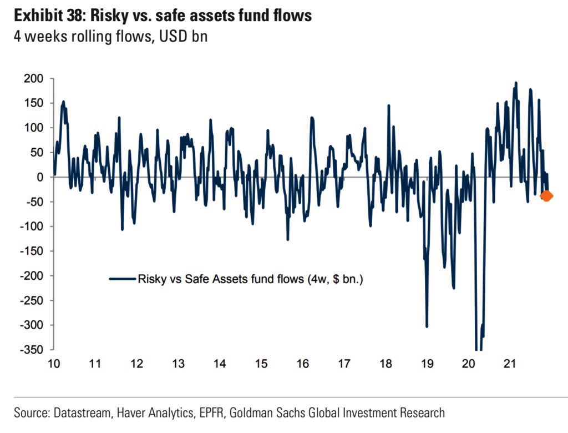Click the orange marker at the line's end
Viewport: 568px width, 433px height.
pyautogui.click(x=546, y=195)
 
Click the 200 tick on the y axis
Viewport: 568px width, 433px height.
pyautogui.click(x=33, y=79)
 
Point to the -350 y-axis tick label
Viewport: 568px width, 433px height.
pyautogui.click(x=31, y=350)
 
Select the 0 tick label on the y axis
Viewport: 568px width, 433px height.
pyautogui.click(x=40, y=177)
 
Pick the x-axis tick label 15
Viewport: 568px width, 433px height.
pyautogui.click(x=261, y=364)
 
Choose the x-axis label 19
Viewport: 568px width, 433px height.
pyautogui.click(x=427, y=364)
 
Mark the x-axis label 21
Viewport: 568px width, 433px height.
pyautogui.click(x=510, y=364)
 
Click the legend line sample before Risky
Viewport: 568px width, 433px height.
pyautogui.click(x=123, y=280)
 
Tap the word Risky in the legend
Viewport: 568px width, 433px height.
pyautogui.click(x=152, y=280)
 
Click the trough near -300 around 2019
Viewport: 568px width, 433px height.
pyautogui.click(x=427, y=326)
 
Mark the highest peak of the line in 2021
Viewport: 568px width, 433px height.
pyautogui.click(x=516, y=83)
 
